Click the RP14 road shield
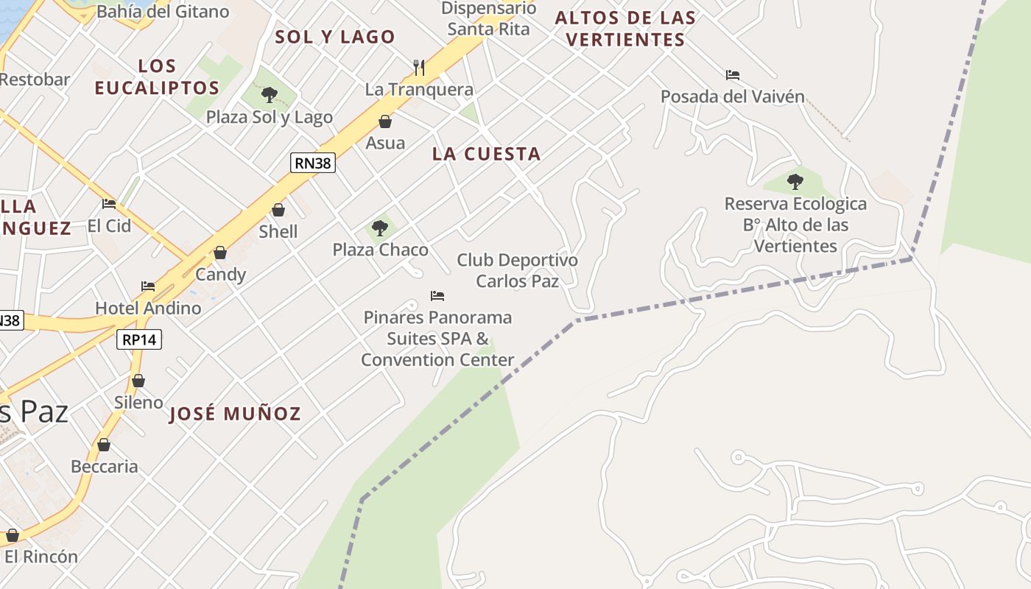pos(138,339)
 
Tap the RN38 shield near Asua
pos(313,163)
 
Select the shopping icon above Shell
pos(278,210)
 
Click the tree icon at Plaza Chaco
pos(380,228)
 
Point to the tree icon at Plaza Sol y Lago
pos(269,95)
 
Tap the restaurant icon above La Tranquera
pos(419,68)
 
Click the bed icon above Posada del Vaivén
pos(732,75)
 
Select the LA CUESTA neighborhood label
pos(486,154)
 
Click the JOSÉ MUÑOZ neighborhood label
pos(235,414)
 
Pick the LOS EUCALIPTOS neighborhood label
pos(157,77)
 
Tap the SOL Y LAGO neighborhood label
pos(335,37)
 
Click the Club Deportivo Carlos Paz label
pos(517,270)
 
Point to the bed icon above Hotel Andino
pos(148,286)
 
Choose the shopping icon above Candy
pos(220,253)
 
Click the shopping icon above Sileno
pos(138,381)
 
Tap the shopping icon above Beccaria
pos(104,445)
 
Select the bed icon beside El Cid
pos(109,204)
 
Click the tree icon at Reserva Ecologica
pos(795,181)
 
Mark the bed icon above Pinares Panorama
pos(437,296)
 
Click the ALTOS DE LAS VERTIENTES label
pos(625,29)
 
